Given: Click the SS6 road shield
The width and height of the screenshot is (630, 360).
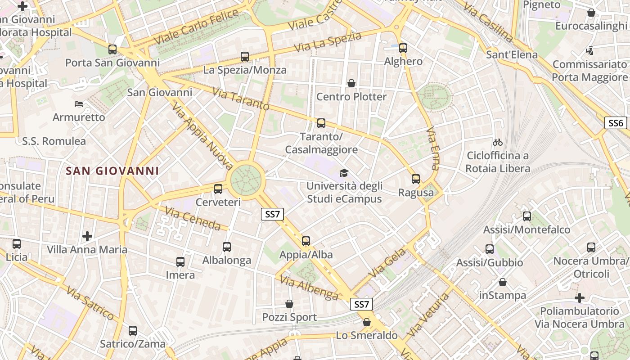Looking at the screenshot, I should [616, 123].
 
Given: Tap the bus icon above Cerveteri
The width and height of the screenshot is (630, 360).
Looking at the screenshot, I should [218, 189].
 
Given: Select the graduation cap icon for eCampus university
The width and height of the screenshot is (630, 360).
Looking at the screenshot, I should [344, 173].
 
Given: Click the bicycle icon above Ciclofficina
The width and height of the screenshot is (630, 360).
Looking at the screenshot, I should [497, 142].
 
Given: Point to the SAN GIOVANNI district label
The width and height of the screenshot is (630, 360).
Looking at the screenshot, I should [112, 171].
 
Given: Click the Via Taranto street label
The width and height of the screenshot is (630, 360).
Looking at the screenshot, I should [240, 99].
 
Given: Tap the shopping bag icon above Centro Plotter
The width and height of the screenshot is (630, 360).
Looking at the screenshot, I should [351, 83].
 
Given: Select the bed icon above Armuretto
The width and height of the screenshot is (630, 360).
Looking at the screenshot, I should [79, 104].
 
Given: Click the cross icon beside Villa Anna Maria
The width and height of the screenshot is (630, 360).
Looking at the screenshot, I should [87, 236].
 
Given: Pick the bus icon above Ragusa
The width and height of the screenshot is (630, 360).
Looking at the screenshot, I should [416, 179].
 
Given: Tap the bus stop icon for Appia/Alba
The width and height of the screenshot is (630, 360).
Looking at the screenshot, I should [306, 241].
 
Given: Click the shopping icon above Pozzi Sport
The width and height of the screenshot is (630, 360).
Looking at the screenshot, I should [289, 304].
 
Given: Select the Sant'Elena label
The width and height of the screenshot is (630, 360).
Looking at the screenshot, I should [512, 55].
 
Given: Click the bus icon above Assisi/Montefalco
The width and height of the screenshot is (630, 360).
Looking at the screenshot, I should [527, 216].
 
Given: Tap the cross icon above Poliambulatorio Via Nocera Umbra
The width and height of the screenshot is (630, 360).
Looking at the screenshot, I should [580, 298].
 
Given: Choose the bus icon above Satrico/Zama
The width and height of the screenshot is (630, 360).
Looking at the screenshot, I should [132, 331].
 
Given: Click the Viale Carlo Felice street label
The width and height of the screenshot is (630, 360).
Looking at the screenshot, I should [196, 27].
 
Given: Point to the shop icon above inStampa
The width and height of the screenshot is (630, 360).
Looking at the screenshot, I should [503, 282].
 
